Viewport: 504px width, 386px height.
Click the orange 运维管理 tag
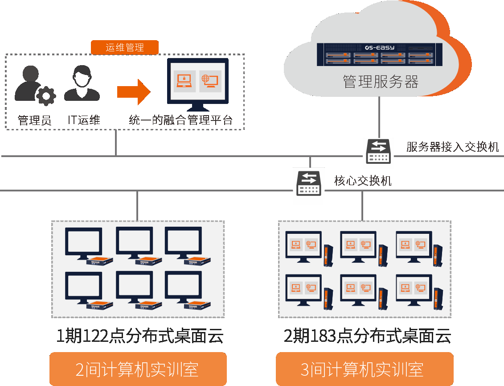pos(124,47)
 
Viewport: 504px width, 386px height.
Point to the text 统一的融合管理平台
pos(180,120)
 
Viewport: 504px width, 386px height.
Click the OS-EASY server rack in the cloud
pos(375,54)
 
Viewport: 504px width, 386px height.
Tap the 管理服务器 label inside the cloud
pos(380,82)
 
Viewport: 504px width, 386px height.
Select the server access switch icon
pos(379,151)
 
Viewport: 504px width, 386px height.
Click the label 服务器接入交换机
pos(452,147)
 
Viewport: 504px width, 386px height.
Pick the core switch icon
pos(308,182)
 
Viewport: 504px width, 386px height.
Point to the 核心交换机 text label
pos(363,181)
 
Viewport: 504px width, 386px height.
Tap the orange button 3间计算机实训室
pos(365,369)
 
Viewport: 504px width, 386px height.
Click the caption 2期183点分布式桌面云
pos(367,336)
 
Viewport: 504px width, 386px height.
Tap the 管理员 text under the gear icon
pos(34,120)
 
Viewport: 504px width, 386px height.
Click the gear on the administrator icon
pos(45,95)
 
